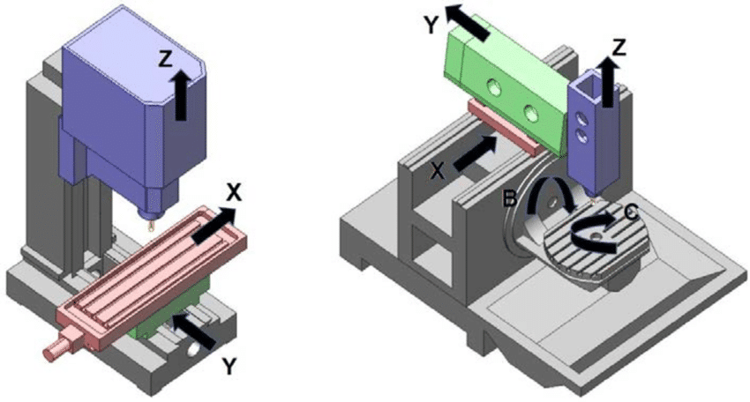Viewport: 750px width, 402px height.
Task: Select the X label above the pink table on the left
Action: click(234, 191)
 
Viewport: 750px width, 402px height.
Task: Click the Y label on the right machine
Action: click(431, 26)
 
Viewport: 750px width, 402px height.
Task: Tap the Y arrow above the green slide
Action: click(469, 21)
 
